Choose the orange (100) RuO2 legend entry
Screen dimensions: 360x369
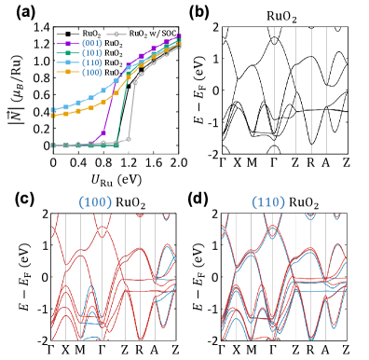[77, 71]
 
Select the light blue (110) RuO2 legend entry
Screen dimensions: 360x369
[77, 61]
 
